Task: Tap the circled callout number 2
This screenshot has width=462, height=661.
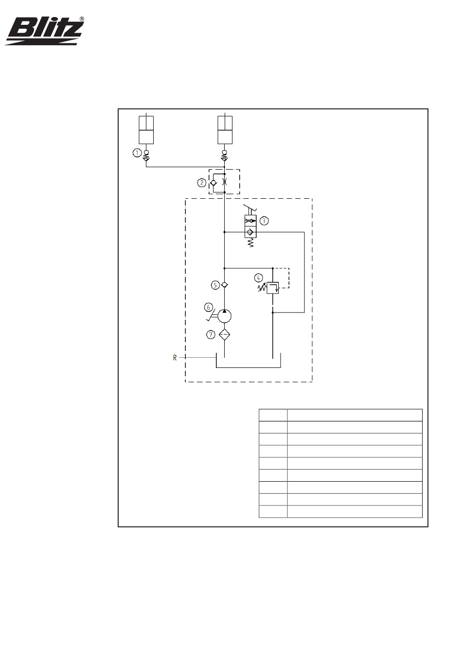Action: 201,183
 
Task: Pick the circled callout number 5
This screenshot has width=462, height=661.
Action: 215,285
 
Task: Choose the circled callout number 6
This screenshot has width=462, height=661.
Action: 209,307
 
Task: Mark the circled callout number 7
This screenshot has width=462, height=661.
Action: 211,334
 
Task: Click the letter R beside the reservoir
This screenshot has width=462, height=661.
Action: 175,358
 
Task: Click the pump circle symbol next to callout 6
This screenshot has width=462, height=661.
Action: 224,316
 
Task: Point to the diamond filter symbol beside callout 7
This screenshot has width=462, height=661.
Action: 224,334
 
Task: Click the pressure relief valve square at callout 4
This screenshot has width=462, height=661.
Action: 273,288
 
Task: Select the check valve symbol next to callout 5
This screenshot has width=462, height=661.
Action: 224,285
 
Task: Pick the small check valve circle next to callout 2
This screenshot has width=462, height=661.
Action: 214,183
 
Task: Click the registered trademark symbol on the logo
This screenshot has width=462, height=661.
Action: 81,19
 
